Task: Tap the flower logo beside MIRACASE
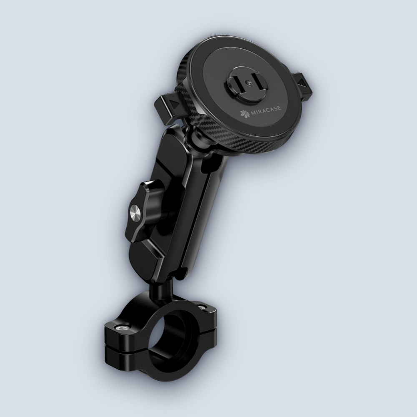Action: click(x=245, y=113)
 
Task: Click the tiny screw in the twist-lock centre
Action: click(x=248, y=83)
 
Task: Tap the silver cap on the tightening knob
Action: click(x=136, y=213)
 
